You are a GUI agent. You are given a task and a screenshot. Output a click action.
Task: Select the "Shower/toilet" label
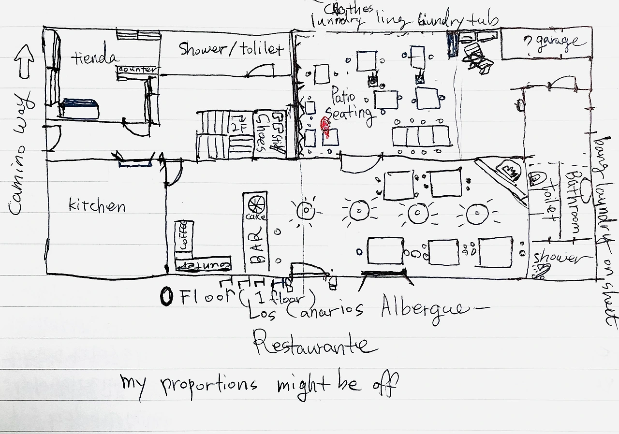click(x=231, y=49)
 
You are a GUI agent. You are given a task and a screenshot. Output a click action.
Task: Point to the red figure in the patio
click(x=327, y=128)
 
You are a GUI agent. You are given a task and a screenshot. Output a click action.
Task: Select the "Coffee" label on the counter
click(x=183, y=235)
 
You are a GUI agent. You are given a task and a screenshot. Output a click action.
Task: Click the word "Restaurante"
click(x=315, y=345)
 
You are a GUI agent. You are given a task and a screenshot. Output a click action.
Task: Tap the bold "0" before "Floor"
click(x=166, y=297)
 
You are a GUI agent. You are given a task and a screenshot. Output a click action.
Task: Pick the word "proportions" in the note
click(x=209, y=385)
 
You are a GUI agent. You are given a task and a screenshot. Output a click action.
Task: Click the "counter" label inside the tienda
click(x=138, y=70)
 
